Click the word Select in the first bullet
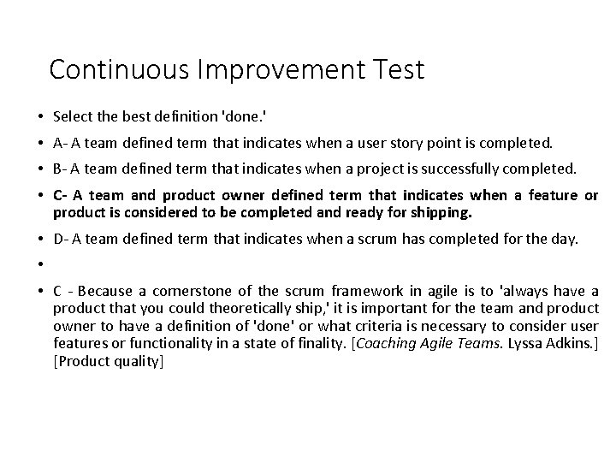coord(70,115)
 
